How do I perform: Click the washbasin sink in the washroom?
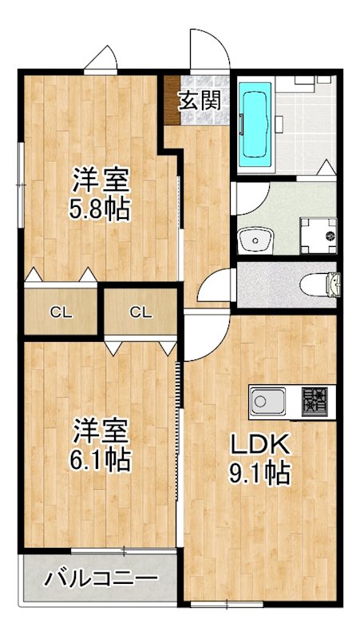[255, 238]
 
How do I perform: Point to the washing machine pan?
[317, 235]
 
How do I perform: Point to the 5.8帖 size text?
[100, 209]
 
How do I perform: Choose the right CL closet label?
[140, 312]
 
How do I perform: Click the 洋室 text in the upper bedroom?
[100, 179]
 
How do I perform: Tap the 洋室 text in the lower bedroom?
[100, 430]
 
